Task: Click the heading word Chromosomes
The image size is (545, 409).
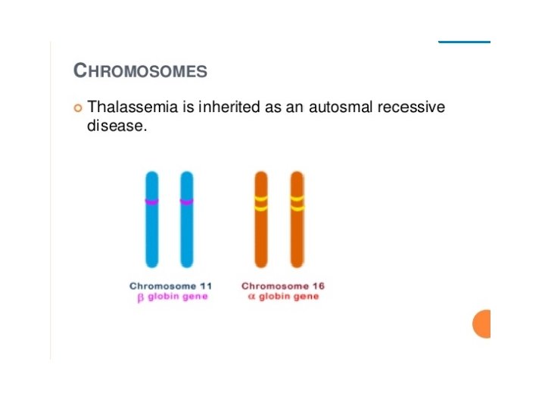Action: pyautogui.click(x=140, y=71)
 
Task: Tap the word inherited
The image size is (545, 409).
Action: pyautogui.click(x=229, y=108)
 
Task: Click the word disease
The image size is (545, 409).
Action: pyautogui.click(x=116, y=126)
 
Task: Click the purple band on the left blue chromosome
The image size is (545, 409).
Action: pyautogui.click(x=152, y=201)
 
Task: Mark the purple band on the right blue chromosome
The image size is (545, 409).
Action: pyautogui.click(x=187, y=201)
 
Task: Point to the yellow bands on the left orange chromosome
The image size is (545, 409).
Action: pyautogui.click(x=261, y=203)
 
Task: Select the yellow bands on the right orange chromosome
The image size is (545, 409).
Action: pyautogui.click(x=297, y=203)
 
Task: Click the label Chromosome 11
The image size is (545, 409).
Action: pyautogui.click(x=170, y=286)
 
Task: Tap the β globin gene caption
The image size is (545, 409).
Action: pyautogui.click(x=172, y=297)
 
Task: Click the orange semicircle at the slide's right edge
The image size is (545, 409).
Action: pyautogui.click(x=483, y=323)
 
